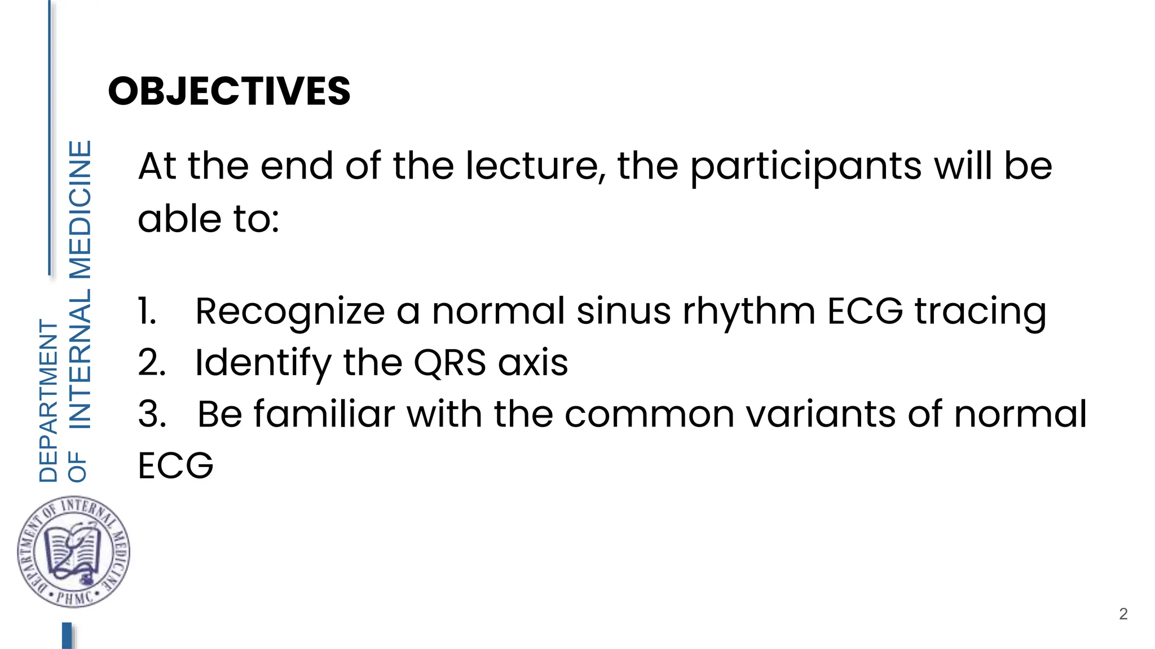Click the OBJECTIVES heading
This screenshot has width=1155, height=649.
[229, 91]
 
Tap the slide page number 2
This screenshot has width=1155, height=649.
[1123, 614]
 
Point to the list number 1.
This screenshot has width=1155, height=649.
[147, 311]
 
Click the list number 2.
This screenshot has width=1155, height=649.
[152, 362]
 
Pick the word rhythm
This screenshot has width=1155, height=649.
[749, 312]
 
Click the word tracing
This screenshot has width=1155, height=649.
[980, 312]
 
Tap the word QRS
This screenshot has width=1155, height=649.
[449, 362]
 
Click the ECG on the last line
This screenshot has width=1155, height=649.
[175, 466]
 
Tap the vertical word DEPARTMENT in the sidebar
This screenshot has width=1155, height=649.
[49, 401]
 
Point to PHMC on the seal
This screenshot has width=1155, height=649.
[74, 597]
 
